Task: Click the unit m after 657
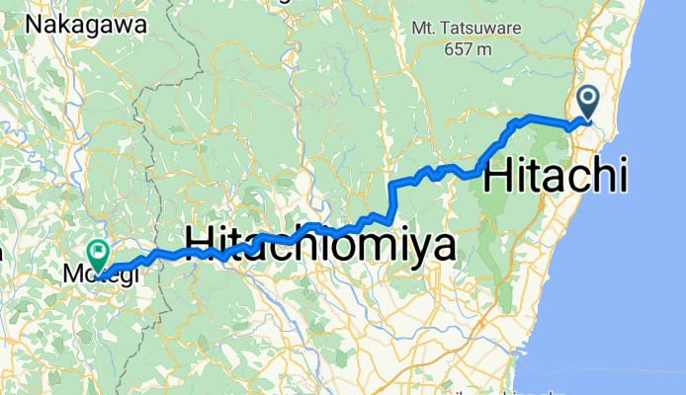[484, 48]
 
